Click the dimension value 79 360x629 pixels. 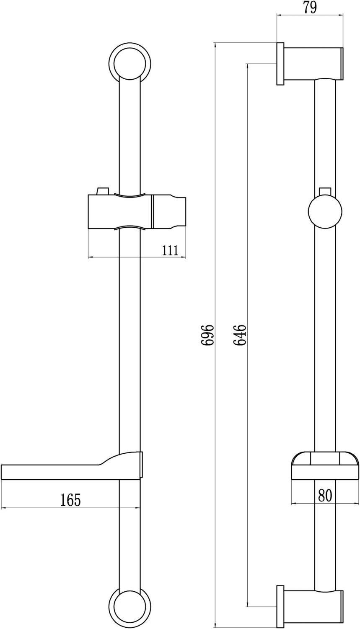(310, 7)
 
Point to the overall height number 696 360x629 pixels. (207, 334)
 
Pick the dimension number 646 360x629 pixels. (240, 334)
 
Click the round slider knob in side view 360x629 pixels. (325, 213)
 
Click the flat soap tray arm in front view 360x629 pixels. (50, 471)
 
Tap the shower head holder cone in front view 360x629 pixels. (169, 211)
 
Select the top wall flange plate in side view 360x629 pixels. (280, 63)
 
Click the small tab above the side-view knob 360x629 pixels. (325, 191)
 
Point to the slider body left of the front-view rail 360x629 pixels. (103, 211)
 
